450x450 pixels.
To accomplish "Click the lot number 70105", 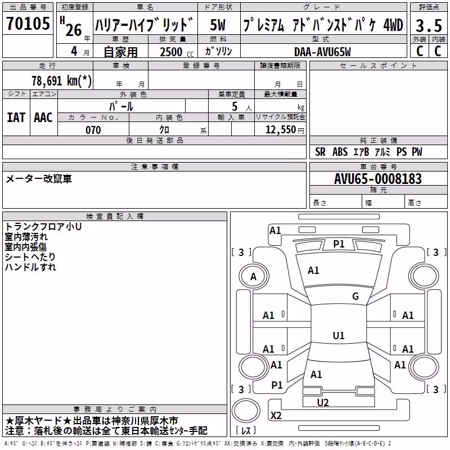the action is pos(28,23).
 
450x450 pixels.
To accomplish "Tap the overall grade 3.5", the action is pos(429,25).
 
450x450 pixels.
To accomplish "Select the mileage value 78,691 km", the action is pos(61,80).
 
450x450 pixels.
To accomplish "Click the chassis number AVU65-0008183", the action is pos(378,179).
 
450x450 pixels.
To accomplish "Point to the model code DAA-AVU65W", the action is pos(322,52).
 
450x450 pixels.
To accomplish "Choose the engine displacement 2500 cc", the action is pos(177,52).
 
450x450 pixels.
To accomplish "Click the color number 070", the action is pos(93,130).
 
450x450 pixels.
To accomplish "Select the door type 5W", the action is pos(218,25).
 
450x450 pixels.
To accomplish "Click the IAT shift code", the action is pos(16,118).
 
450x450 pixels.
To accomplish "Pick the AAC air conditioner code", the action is pos(43,118).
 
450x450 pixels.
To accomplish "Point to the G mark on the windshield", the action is pos(355,296).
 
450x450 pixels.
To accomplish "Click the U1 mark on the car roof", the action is pos(339,335).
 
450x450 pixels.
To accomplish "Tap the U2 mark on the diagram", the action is pos(323,402).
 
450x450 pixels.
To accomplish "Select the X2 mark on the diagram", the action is pos(276,415).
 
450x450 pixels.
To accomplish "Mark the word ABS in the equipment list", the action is pos(340,151).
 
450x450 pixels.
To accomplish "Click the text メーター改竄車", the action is pos(38,179).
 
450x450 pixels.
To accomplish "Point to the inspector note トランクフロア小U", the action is pos(43,227).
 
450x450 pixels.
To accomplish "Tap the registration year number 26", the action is pos(74,30).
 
